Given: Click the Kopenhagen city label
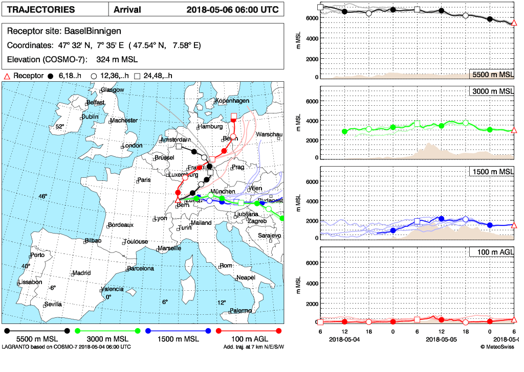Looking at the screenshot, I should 232,100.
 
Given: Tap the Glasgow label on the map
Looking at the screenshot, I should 113,90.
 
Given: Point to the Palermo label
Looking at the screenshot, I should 241,310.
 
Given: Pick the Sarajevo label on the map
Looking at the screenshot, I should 269,235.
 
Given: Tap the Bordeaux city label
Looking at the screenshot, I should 121,224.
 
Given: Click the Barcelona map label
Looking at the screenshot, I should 140,268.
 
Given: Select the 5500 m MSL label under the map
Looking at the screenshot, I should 37,339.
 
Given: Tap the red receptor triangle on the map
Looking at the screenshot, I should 178,200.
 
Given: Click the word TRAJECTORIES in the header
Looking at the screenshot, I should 41,10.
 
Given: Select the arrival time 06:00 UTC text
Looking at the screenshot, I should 258,10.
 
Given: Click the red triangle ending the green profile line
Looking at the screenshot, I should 514,130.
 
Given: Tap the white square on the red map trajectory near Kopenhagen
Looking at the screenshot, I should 234,116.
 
